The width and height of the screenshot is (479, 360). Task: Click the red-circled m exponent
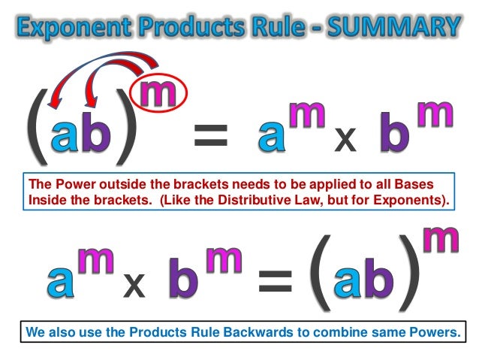point(163,95)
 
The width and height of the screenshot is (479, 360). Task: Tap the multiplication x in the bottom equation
point(134,284)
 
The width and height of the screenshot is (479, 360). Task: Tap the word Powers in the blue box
point(435,331)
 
